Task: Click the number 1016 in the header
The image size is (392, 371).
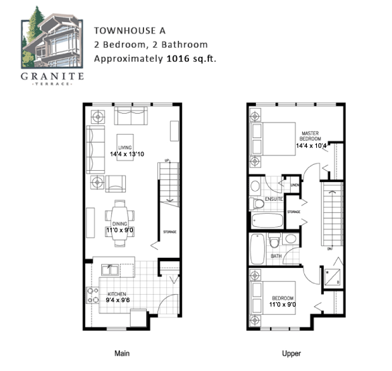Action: pyautogui.click(x=178, y=58)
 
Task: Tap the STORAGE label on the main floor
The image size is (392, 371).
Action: pyautogui.click(x=170, y=232)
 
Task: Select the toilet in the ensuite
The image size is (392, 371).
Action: pyautogui.click(x=255, y=203)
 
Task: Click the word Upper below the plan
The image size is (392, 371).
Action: pyautogui.click(x=291, y=354)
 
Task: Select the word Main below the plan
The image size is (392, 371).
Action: pyautogui.click(x=121, y=354)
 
